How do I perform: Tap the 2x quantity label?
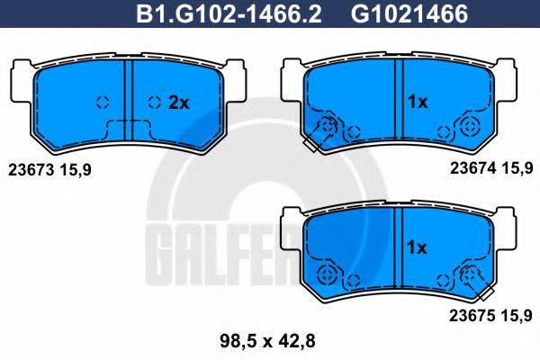[179, 103]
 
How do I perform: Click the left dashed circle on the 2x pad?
[102, 102]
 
